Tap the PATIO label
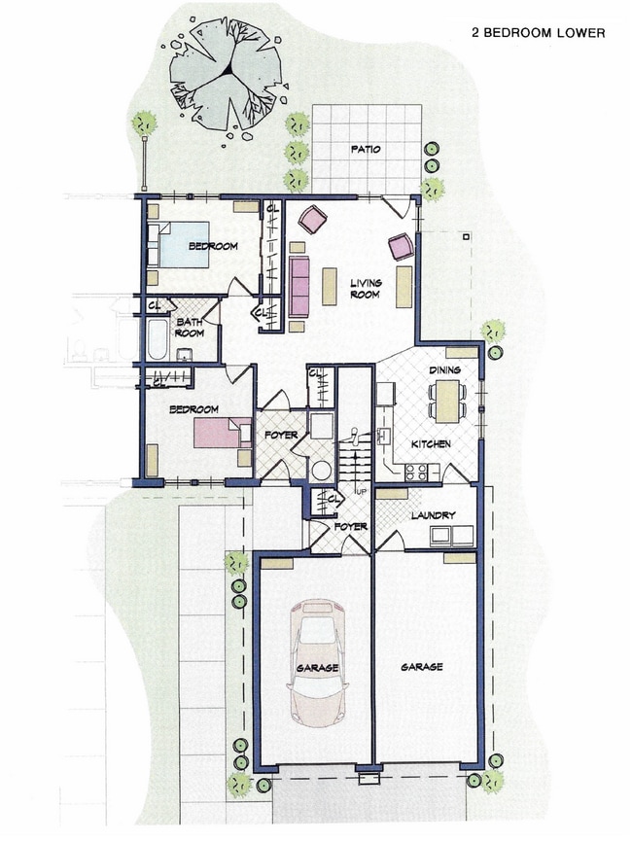(365, 150)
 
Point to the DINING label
(445, 369)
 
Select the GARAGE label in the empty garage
(421, 667)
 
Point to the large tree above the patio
(225, 76)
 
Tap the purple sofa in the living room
(298, 286)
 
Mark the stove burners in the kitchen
(416, 473)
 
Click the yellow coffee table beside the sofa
(330, 286)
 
